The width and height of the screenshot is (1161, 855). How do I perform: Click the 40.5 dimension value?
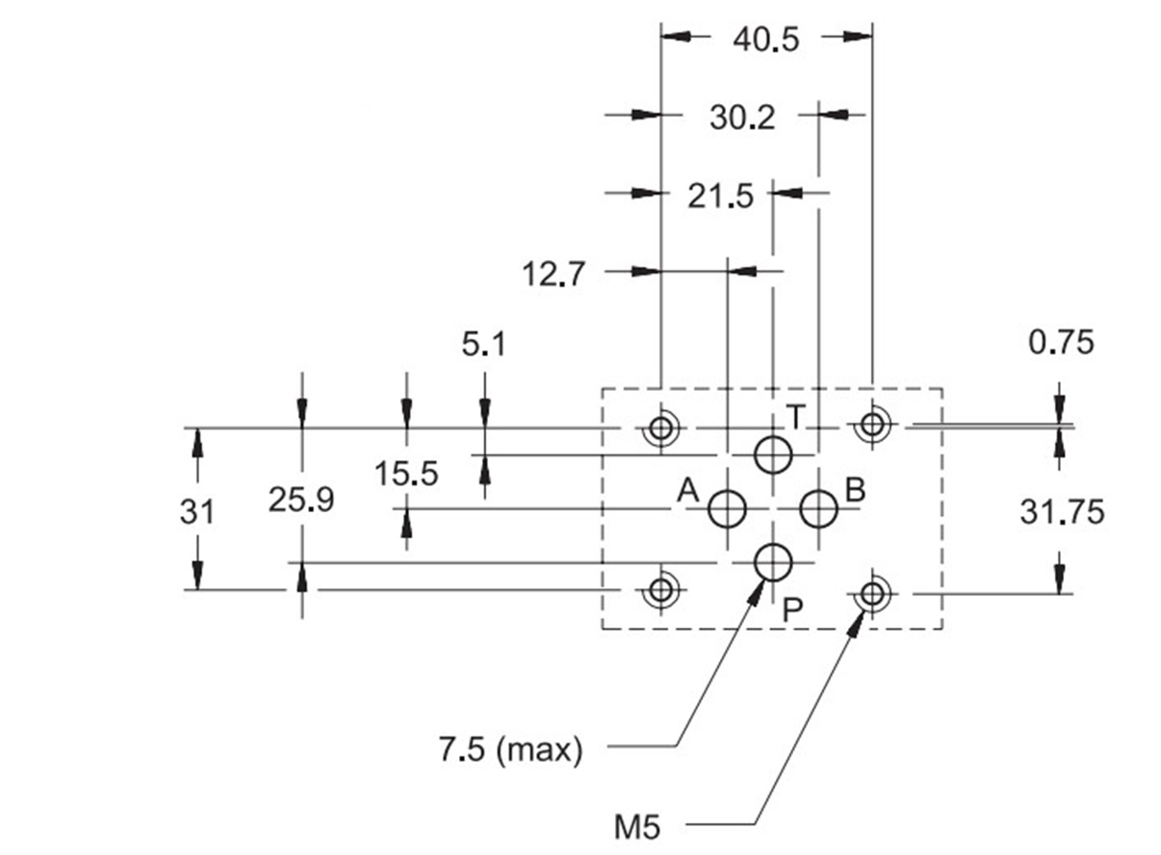pos(766,39)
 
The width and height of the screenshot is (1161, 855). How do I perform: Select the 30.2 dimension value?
pos(742,117)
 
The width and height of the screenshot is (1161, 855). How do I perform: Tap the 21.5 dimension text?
pos(720,196)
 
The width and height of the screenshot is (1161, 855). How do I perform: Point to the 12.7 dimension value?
pos(554,273)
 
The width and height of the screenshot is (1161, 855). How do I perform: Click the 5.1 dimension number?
pos(483,345)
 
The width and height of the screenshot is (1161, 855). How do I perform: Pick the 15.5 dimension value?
pos(406,474)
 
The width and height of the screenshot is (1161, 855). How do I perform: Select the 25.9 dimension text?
pos(301,500)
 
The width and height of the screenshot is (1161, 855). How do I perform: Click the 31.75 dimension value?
pos(1062,512)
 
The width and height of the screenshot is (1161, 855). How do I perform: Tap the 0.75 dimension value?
pos(1061,343)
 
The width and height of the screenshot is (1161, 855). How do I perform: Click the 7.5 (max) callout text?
pos(511,750)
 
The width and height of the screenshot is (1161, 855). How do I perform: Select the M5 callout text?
pos(637,827)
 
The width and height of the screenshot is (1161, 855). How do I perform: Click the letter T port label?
pos(796,417)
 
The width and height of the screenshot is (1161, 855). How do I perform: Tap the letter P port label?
pos(792,610)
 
